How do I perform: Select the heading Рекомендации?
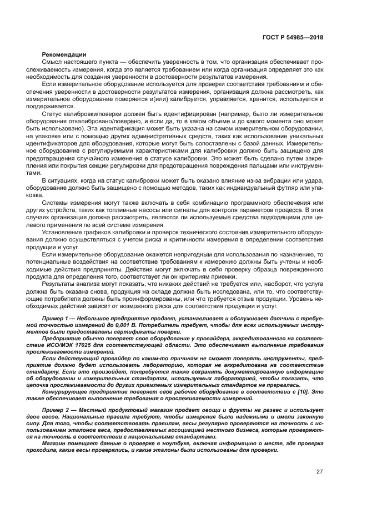(x=64, y=54)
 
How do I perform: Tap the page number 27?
(x=319, y=472)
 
